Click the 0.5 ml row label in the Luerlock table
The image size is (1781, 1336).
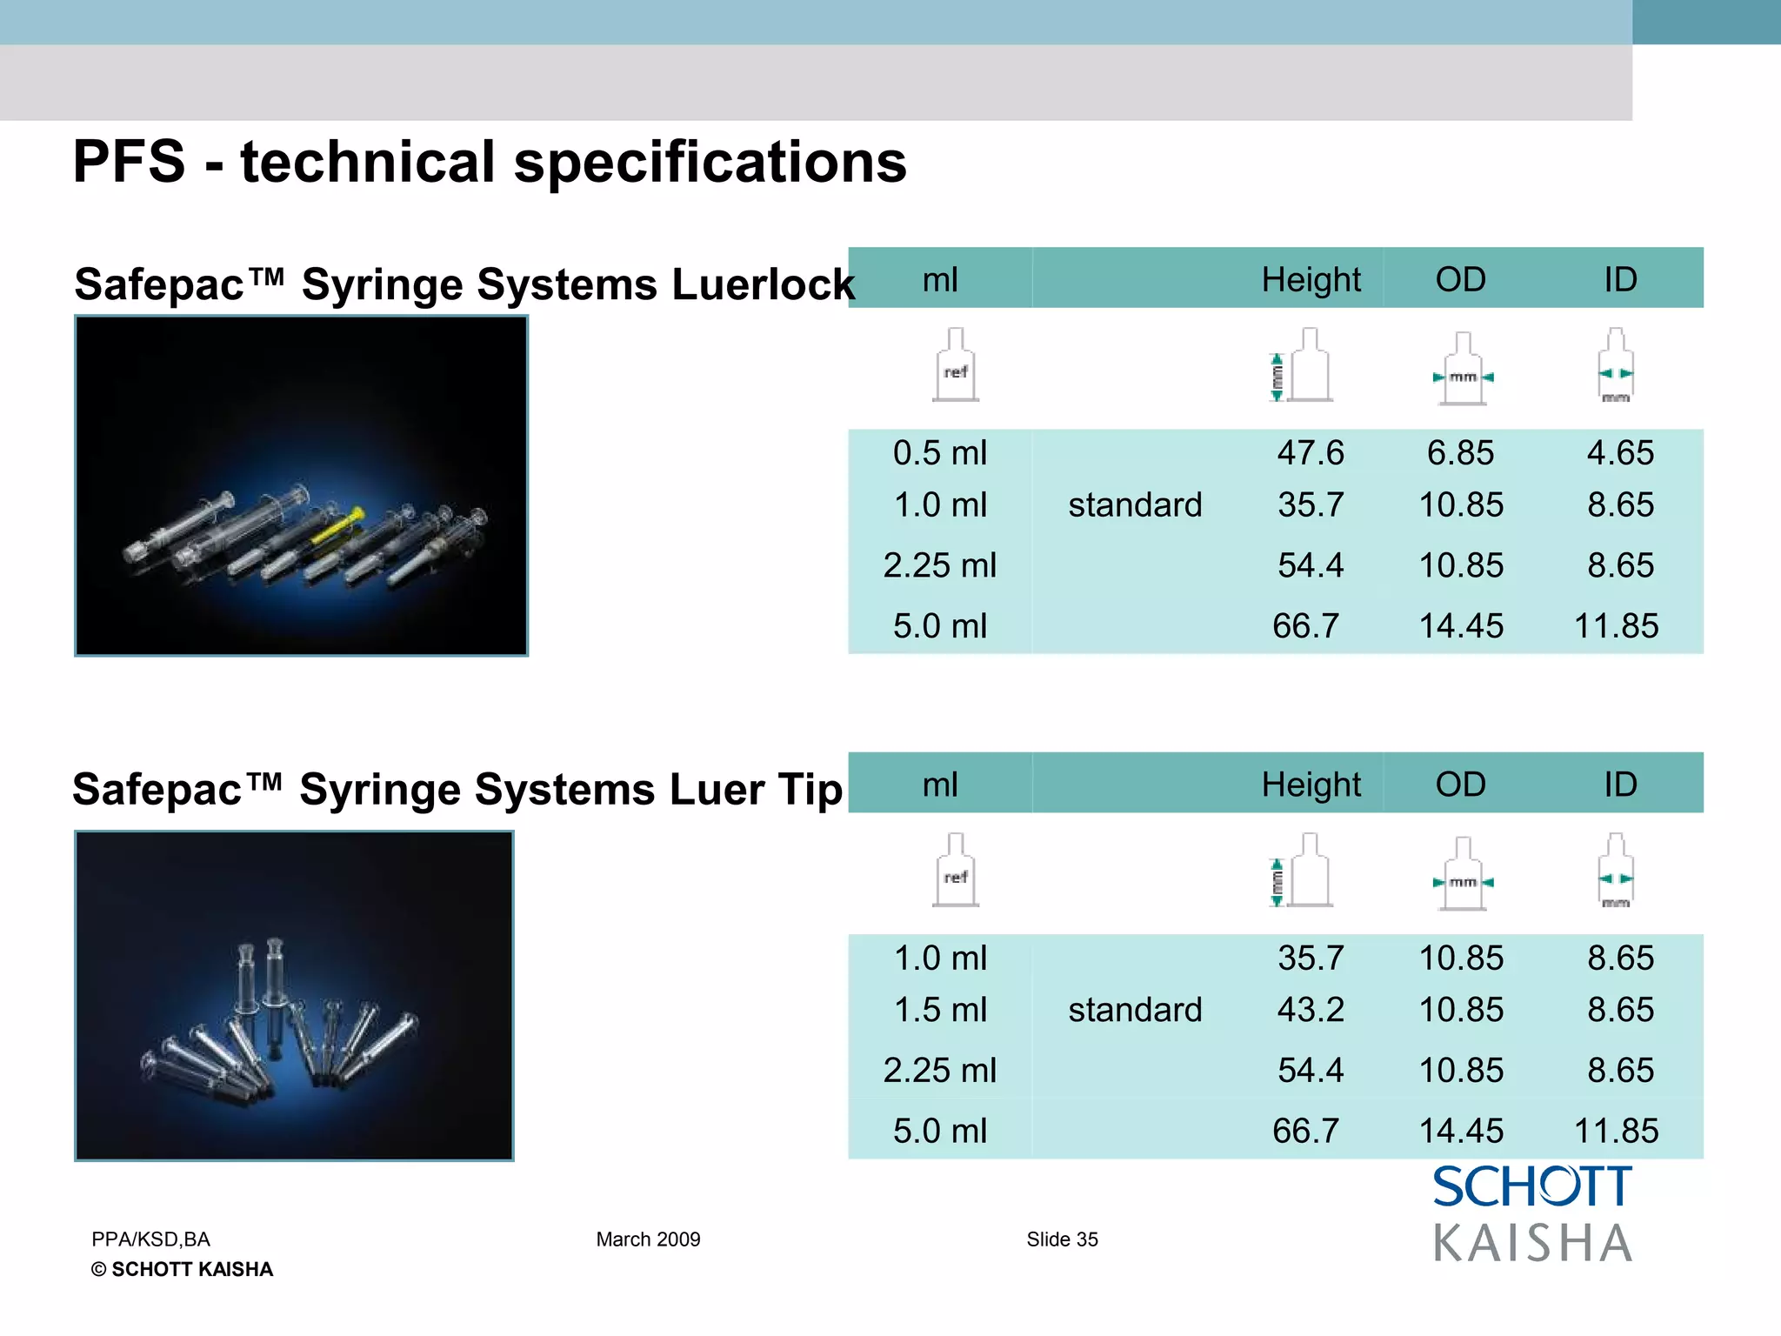940,453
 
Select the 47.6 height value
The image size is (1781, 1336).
1311,453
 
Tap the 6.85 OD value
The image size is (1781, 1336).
1460,453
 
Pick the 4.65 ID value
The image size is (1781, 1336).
1620,453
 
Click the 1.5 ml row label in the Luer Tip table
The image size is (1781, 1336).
940,1010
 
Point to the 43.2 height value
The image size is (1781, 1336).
1311,1010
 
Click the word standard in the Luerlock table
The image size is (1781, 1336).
1135,505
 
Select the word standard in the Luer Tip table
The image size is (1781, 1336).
1135,1010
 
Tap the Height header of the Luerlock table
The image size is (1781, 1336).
1311,280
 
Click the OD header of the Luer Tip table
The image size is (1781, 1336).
1460,785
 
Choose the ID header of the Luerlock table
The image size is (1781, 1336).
1620,280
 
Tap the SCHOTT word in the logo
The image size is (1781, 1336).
1532,1187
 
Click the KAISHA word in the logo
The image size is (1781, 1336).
1532,1243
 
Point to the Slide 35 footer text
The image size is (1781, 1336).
1062,1239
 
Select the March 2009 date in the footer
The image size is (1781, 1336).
648,1239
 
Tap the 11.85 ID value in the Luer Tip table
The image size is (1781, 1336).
1616,1131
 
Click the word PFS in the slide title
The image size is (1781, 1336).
129,162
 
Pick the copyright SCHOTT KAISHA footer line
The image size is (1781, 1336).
182,1270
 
